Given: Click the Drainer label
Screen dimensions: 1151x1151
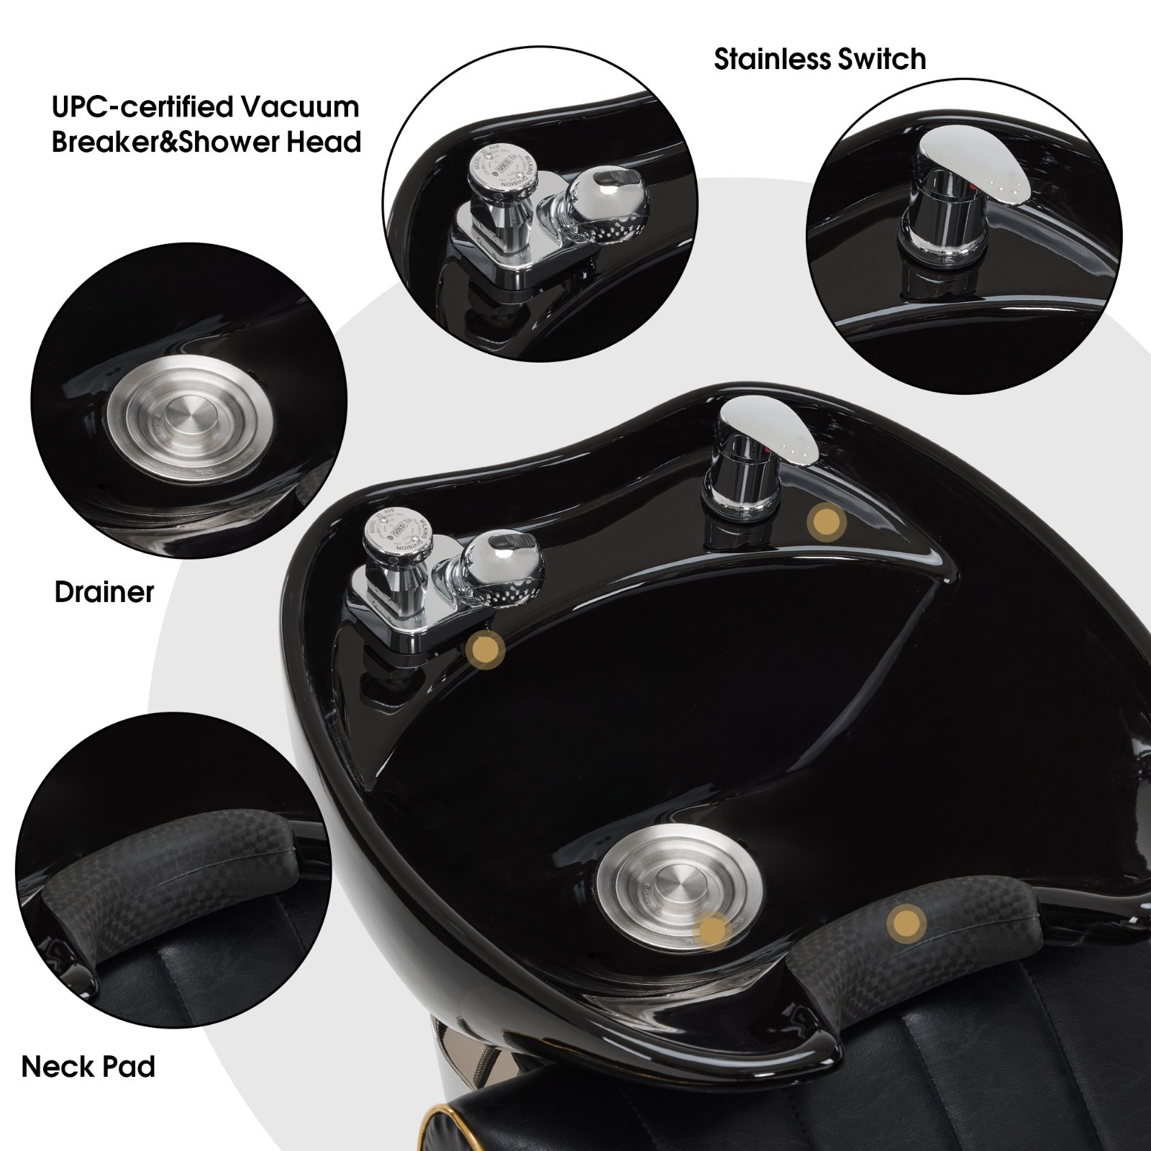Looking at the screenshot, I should tap(104, 592).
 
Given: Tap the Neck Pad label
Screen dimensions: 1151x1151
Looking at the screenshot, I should tap(88, 1066).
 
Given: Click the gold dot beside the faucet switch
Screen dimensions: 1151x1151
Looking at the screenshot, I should tap(825, 519).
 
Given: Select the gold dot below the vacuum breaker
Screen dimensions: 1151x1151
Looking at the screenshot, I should tap(485, 651).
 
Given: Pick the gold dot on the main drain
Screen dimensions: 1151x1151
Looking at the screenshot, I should tap(714, 929).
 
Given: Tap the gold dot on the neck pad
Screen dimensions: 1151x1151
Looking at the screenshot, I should tap(906, 921).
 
